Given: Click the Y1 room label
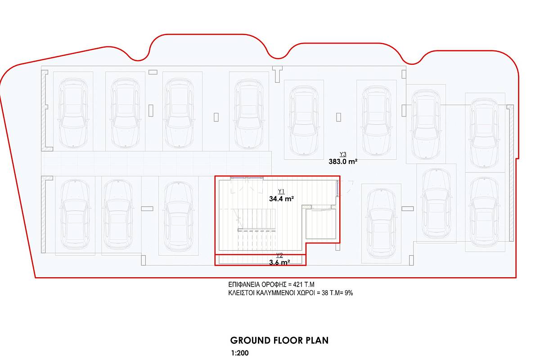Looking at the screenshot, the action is [281, 191].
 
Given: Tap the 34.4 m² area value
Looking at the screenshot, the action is [281, 199].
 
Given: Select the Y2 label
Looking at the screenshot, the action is [279, 255].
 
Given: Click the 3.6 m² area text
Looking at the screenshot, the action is [279, 262].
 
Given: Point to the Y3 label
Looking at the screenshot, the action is [343, 154].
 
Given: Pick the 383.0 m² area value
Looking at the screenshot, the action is [343, 162].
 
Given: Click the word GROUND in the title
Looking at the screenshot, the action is [250, 341].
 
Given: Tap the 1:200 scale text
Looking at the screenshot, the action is [239, 353].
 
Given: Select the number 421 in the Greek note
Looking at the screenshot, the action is [298, 285].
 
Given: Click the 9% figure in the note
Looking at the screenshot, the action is [349, 293].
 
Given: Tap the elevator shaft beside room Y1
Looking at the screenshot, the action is [321, 224].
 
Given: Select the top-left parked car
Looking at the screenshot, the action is [73, 112].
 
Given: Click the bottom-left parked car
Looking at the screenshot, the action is [75, 215].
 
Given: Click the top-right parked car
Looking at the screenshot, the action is [485, 132].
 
